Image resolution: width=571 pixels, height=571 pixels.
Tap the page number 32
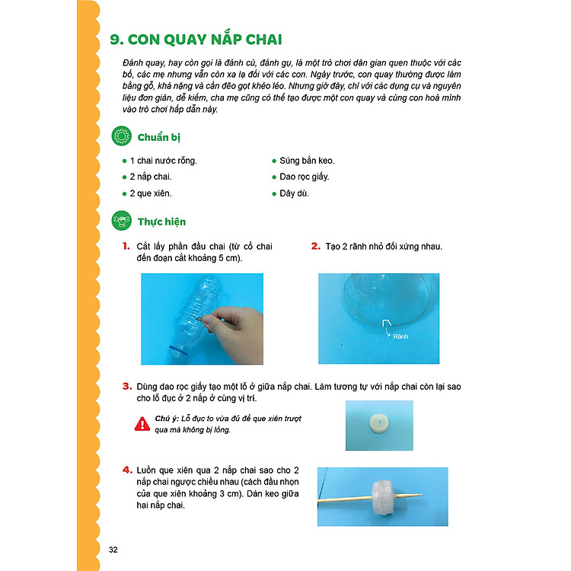click(113, 550)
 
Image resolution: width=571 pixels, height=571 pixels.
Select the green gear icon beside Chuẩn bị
click(121, 137)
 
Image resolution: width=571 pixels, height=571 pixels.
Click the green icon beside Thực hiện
click(121, 222)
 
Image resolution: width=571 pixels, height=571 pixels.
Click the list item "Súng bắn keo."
click(307, 161)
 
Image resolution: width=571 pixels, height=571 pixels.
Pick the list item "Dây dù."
click(295, 193)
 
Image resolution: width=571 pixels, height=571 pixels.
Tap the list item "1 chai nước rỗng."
click(163, 161)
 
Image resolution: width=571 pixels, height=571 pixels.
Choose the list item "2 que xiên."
click(152, 193)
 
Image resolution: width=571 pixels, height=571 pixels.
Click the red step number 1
click(126, 247)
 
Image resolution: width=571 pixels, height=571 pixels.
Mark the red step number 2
click(315, 247)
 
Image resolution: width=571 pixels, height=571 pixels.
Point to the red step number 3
click(126, 387)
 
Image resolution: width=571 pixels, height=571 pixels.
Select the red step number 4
click(126, 470)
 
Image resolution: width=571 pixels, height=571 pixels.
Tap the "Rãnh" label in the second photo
click(401, 334)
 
